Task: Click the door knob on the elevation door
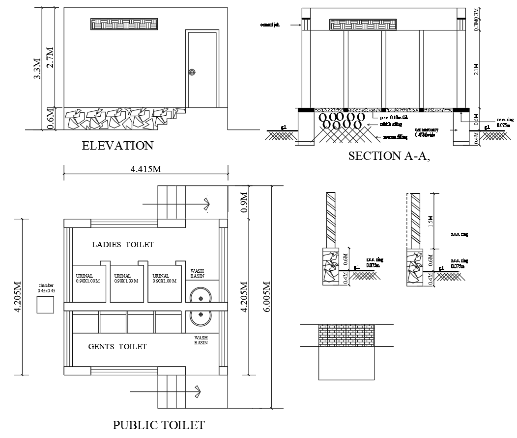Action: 192,73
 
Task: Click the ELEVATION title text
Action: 117,146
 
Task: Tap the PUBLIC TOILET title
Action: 159,425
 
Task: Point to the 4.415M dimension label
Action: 146,169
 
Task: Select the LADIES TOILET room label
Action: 123,244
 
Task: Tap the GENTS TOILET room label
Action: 117,347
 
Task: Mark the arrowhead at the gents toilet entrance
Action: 198,391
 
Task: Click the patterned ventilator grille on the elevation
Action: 124,25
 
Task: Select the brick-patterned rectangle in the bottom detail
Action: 347,335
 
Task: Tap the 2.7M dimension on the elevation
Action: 49,57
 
